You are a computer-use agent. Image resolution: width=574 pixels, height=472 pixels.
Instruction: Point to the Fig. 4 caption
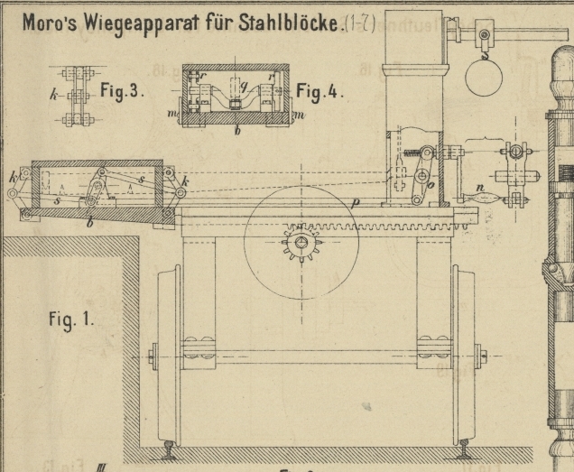click(319, 93)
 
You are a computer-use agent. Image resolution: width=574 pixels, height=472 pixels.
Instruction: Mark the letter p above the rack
click(356, 204)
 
